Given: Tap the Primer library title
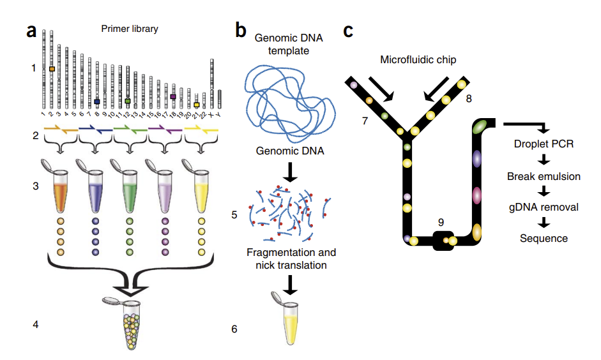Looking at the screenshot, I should pos(130,29).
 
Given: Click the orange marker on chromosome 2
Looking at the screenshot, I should pos(52,68).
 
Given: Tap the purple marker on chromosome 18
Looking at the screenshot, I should pos(173,96).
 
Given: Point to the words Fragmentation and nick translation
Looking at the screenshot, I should pos(291,259).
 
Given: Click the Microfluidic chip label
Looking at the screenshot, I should pos(418,60).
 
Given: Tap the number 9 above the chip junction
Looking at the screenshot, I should pos(441,221).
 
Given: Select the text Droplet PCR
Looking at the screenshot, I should pos(544,144).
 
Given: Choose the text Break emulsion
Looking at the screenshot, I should pos(544,176).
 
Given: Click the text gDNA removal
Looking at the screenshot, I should pos(544,207).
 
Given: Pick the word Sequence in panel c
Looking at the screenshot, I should pos(544,238).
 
